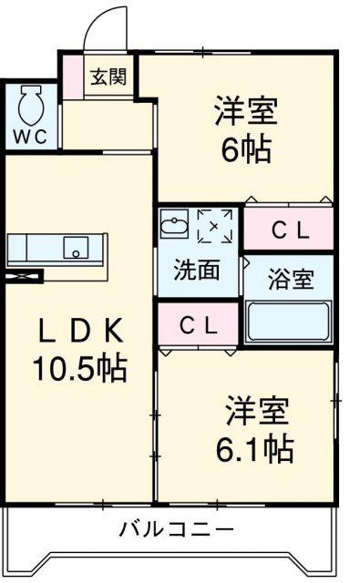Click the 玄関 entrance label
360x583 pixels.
pos(108,77)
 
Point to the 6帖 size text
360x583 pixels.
pos(243,150)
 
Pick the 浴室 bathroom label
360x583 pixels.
pos(290,279)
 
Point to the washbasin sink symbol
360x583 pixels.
pos(173,223)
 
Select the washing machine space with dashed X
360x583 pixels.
pos(217,224)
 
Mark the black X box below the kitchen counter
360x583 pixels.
pos(26,276)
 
